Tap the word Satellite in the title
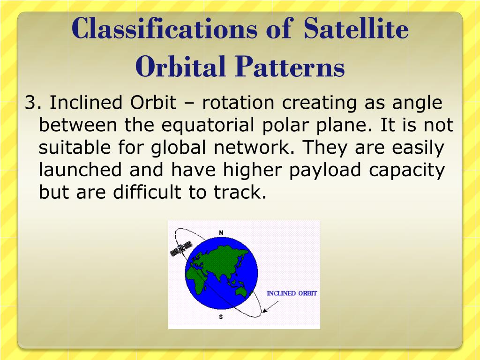tap(356, 28)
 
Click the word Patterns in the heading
tap(290, 66)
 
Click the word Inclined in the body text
tap(86, 102)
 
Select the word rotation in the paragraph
tap(238, 102)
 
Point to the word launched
tap(80, 170)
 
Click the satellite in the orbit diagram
tap(181, 248)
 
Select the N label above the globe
tap(221, 233)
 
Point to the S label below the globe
tap(221, 317)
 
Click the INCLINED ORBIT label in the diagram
tap(292, 293)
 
